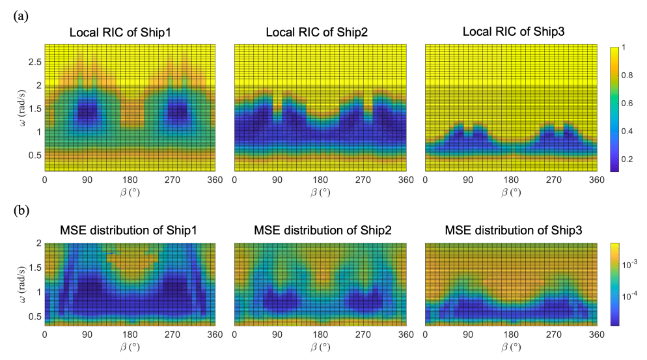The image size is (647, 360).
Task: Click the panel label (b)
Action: pyautogui.click(x=20, y=212)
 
